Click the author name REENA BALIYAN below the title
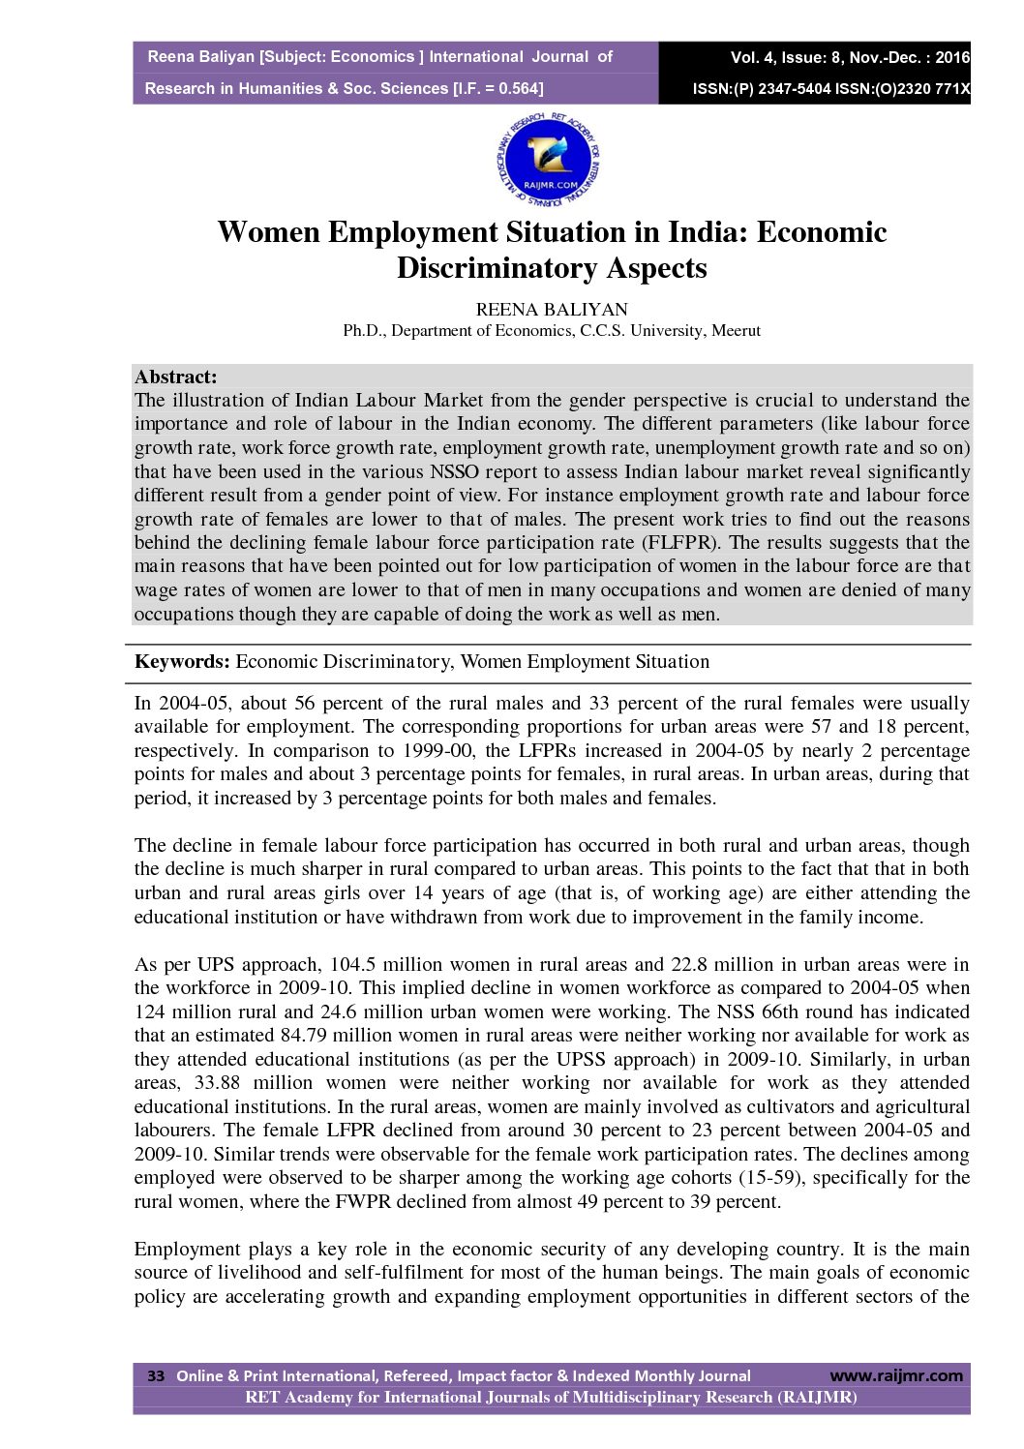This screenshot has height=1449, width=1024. pos(551,310)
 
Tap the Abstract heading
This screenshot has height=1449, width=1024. pos(175,377)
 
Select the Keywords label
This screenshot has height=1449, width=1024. pos(182,662)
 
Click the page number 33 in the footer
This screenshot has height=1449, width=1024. pos(156,1375)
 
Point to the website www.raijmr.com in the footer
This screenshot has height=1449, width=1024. pos(896,1375)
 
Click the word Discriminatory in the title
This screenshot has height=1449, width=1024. pos(497,268)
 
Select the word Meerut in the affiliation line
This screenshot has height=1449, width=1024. pos(736,331)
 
